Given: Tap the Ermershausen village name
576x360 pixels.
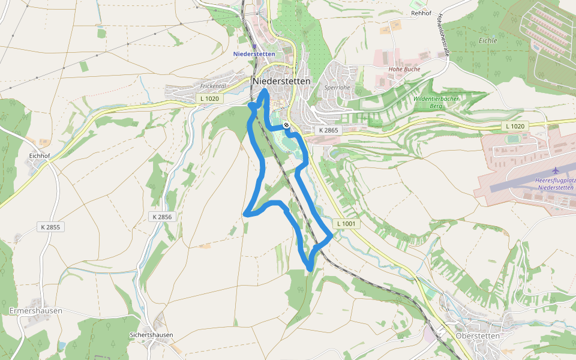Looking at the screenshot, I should pos(36,311).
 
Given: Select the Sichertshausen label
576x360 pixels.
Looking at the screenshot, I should pos(151,335).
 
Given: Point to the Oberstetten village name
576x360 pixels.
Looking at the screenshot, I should pos(478,336).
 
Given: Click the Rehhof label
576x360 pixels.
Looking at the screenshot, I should pos(422,13).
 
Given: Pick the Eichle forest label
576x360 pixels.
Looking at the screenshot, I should pos(488,41).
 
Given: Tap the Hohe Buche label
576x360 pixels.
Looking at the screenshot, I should pos(404,69).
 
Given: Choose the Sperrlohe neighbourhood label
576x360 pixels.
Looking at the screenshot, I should pos(337,87).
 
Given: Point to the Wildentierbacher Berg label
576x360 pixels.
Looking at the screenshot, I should pos(436,102).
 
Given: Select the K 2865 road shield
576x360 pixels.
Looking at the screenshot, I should pos(328,130).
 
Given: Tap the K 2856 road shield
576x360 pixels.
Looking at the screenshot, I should pos(162,217).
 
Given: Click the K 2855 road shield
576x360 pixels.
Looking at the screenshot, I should pos(50,227).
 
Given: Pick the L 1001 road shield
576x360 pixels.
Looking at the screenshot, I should pos(347,224).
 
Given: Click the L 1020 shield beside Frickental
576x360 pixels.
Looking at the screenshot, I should pos(209,98).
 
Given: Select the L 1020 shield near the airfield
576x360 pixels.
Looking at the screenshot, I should pos(515,126).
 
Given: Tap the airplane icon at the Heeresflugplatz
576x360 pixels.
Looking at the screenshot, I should pos(555,171).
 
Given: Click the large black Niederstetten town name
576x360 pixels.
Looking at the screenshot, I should pos(281,81).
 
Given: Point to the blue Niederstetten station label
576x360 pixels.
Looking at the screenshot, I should pos(254,54).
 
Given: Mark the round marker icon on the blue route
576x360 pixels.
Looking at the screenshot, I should pos(287,125).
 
